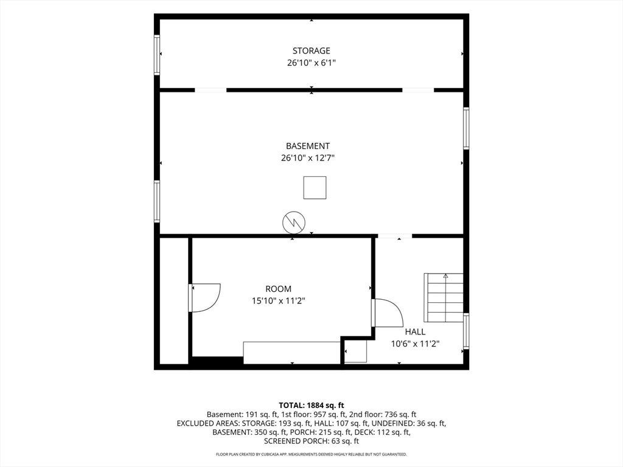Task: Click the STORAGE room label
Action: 311,51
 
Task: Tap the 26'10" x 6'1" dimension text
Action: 311,63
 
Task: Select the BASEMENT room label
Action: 307,146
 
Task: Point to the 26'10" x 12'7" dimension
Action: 308,158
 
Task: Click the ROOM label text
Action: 278,289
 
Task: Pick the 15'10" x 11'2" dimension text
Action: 279,301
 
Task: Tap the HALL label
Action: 415,332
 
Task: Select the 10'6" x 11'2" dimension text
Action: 415,344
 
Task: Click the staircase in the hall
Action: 444,297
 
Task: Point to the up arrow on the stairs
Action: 445,275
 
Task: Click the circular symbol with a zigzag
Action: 294,223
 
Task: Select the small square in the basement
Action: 315,188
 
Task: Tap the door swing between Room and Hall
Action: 389,313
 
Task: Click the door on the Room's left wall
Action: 205,298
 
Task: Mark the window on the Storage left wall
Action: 157,55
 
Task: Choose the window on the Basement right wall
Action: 466,128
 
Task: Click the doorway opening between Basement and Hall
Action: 394,237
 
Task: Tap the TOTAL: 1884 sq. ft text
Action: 311,406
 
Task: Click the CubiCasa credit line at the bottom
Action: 311,454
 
